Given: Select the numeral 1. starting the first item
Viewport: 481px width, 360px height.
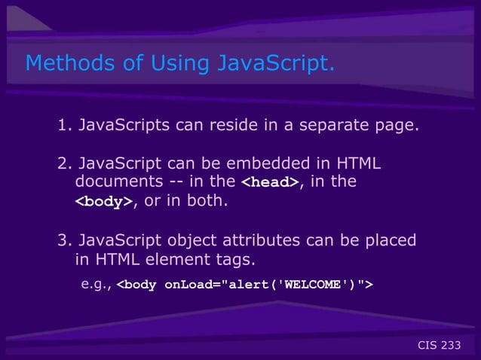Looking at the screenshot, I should [65, 124].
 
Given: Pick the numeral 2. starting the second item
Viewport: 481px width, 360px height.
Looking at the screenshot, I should [65, 163].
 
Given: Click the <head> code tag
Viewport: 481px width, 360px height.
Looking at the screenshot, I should [270, 183].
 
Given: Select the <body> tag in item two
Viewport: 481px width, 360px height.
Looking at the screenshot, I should [103, 203].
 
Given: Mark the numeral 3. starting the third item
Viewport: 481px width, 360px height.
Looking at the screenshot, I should [65, 241].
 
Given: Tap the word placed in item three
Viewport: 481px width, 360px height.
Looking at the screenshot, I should [394, 241].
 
